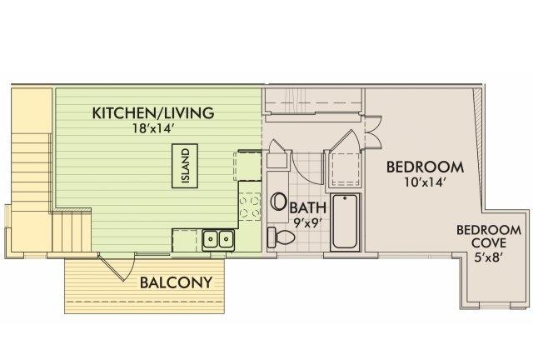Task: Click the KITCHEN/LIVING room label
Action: pos(153,113)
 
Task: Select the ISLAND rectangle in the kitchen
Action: pos(185,166)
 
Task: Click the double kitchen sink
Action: pos(218,239)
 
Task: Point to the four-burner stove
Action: pos(250,207)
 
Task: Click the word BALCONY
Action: pos(176,282)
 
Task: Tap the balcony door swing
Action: pos(117,267)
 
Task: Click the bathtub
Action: pos(345,222)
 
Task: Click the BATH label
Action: pos(308,207)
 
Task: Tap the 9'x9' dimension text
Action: pos(307,222)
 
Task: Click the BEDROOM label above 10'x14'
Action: pos(425,167)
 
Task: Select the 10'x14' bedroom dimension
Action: pos(425,182)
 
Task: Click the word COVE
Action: pos(489,243)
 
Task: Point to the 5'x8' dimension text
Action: pos(489,257)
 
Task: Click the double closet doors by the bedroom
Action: pos(372,132)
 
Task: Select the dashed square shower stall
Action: pos(346,169)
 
